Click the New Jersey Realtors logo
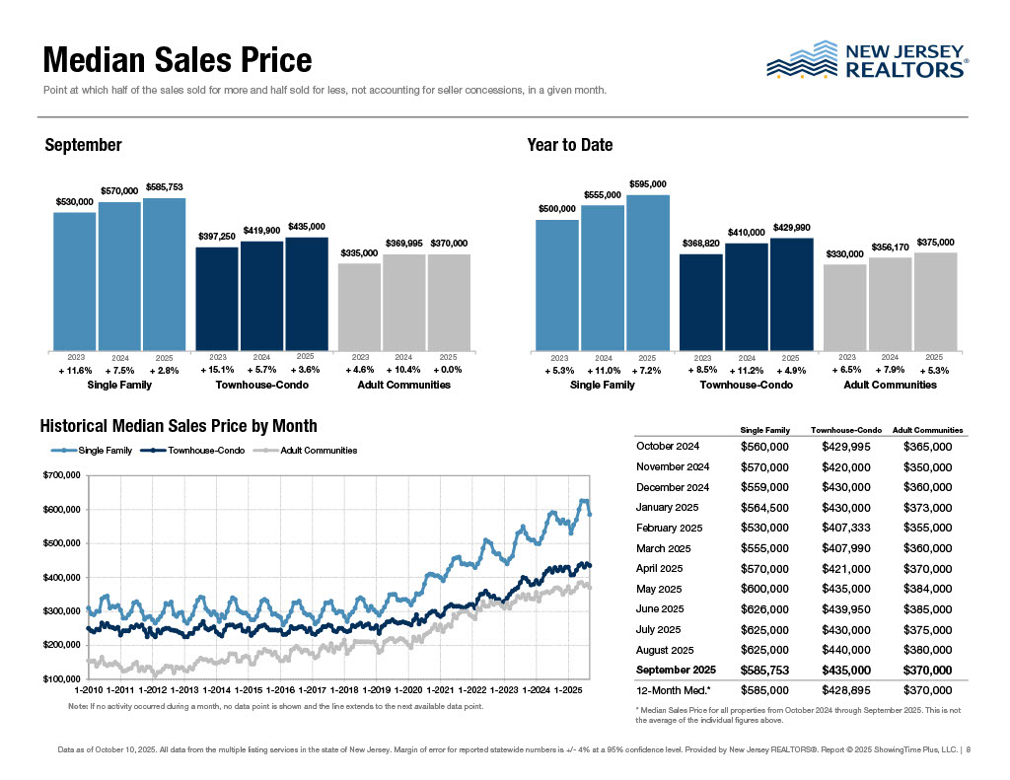[x=867, y=59]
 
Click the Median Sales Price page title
[x=178, y=61]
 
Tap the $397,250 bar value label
[x=217, y=237]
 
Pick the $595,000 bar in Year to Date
[x=647, y=272]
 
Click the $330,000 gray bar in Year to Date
[x=844, y=307]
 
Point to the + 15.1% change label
[x=217, y=370]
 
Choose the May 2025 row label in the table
[x=666, y=589]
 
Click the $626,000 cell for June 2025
[x=764, y=609]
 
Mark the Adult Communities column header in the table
[x=927, y=430]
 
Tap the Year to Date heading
[x=570, y=145]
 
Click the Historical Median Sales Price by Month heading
[x=179, y=426]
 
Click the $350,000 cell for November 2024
[x=928, y=466]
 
